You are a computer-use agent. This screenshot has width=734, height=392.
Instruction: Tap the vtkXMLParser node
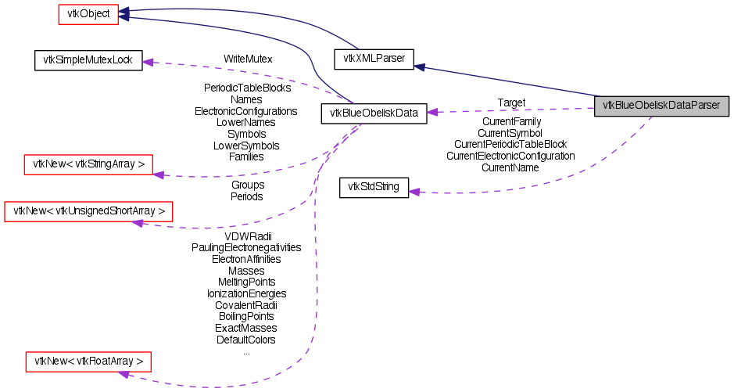click(x=373, y=58)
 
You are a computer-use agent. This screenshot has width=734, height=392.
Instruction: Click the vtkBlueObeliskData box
click(x=374, y=113)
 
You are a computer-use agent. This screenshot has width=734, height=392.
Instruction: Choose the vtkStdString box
click(x=374, y=188)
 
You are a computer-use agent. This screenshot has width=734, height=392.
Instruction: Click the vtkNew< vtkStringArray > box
click(x=88, y=164)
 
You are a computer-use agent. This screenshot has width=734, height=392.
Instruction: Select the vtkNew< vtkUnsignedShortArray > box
click(x=88, y=211)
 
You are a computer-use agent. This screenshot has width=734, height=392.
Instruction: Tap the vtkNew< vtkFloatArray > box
click(x=88, y=361)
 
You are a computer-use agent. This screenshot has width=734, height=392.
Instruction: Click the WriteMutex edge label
click(x=247, y=59)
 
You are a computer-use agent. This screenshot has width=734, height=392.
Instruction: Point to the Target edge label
click(x=511, y=102)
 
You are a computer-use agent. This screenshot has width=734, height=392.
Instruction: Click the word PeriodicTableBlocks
click(x=247, y=88)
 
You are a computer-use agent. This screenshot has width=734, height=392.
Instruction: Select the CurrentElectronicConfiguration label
click(x=510, y=156)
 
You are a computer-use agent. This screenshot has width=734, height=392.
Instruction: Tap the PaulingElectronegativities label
click(x=246, y=247)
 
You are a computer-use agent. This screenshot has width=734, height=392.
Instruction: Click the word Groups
click(x=247, y=185)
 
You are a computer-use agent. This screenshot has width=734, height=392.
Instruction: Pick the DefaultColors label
click(x=246, y=340)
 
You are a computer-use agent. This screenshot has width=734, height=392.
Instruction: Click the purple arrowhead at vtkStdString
click(x=415, y=191)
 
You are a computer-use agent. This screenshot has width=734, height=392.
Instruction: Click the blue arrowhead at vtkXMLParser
click(x=419, y=67)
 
